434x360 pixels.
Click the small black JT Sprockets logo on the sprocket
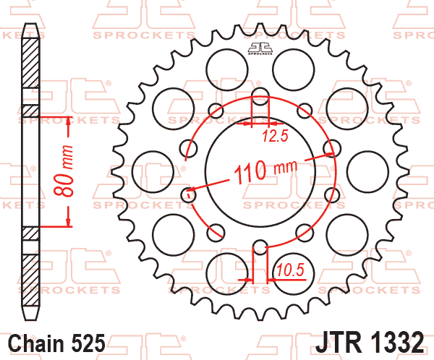pos(259,48)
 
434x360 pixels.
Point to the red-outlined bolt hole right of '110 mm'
pos(330,149)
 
